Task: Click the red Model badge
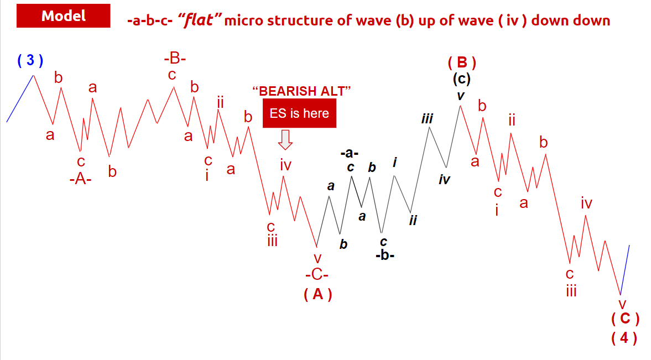pyautogui.click(x=64, y=16)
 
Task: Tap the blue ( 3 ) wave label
pyautogui.click(x=30, y=60)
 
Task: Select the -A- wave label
pyautogui.click(x=81, y=179)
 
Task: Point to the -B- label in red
pyautogui.click(x=175, y=59)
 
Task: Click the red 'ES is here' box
pyautogui.click(x=299, y=113)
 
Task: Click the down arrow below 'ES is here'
pyautogui.click(x=285, y=140)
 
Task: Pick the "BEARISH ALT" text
pyautogui.click(x=302, y=91)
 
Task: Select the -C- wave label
pyautogui.click(x=317, y=274)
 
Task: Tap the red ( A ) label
pyautogui.click(x=318, y=294)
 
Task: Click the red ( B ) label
pyautogui.click(x=462, y=62)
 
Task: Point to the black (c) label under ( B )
pyautogui.click(x=462, y=79)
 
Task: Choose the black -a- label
pyautogui.click(x=350, y=153)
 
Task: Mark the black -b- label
pyautogui.click(x=385, y=255)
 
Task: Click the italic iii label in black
pyautogui.click(x=427, y=119)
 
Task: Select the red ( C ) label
pyautogui.click(x=625, y=319)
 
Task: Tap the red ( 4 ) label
pyautogui.click(x=624, y=337)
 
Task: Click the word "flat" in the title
pyautogui.click(x=199, y=19)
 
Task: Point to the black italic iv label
pyautogui.click(x=444, y=179)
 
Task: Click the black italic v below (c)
pyautogui.click(x=460, y=96)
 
